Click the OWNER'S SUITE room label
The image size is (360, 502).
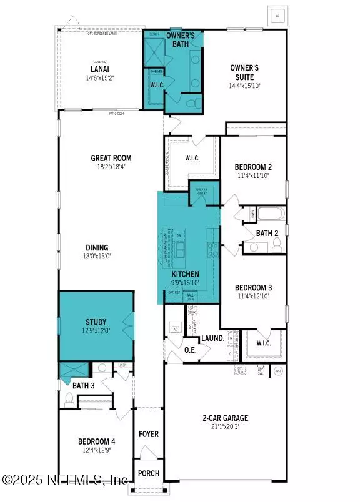coord(245,72)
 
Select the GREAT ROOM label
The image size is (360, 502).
coord(111,158)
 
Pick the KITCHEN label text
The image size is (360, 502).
coord(186,274)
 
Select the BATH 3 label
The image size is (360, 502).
coord(83,386)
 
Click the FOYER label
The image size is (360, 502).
coord(149,434)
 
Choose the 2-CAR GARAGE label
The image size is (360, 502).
coord(226,418)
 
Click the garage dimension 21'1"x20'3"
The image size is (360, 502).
coord(226,427)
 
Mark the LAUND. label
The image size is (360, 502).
coord(212,338)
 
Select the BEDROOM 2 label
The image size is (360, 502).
coord(252,167)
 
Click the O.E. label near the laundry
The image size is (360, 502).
coord(191,350)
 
